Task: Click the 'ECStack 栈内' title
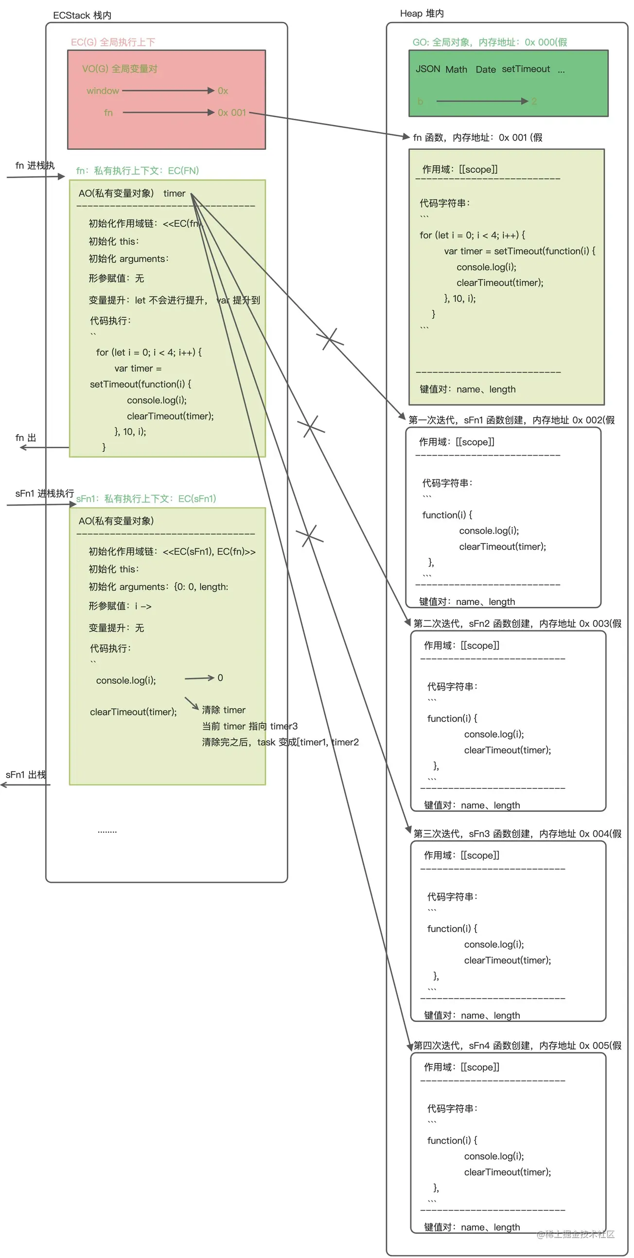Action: tap(82, 15)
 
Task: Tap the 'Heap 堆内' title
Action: tap(422, 13)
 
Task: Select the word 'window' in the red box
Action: tap(103, 91)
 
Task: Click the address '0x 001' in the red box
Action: tap(232, 113)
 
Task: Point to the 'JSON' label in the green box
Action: tap(427, 69)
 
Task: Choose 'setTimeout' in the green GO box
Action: tap(526, 69)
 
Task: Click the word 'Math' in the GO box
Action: tap(456, 69)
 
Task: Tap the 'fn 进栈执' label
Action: tap(35, 165)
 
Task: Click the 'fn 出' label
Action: tap(26, 438)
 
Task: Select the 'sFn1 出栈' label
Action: tap(26, 775)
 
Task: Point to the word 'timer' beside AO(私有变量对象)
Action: tap(174, 193)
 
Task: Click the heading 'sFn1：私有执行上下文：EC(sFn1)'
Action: tap(146, 499)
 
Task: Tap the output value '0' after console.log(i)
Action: tap(220, 678)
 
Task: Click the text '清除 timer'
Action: tap(224, 710)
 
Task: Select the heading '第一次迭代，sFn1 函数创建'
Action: tap(511, 420)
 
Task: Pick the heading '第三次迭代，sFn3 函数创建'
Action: tap(517, 834)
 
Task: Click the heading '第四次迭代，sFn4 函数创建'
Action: tap(517, 1045)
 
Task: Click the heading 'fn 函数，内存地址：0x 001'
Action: tap(477, 137)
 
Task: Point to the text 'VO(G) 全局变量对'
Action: tap(120, 69)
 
